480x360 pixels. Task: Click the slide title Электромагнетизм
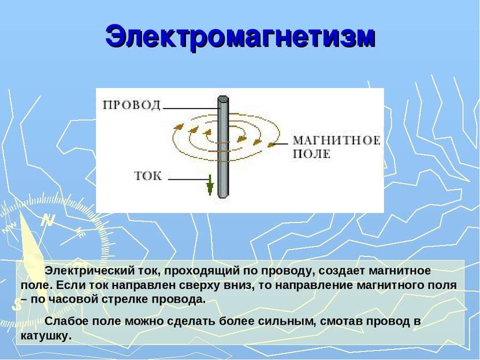click(240, 38)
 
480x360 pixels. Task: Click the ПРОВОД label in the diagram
click(132, 105)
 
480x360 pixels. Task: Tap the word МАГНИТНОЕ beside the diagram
click(337, 140)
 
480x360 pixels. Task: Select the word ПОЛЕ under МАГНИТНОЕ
click(312, 154)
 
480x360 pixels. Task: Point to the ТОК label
click(148, 176)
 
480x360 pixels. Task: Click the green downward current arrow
click(210, 184)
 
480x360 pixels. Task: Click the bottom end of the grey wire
click(223, 196)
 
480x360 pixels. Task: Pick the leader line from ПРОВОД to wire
click(191, 108)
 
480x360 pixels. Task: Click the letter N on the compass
click(49, 220)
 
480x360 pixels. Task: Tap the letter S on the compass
click(17, 305)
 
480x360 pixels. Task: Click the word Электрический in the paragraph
click(89, 271)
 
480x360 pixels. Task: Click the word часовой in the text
click(72, 299)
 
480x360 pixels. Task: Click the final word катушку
click(46, 336)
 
